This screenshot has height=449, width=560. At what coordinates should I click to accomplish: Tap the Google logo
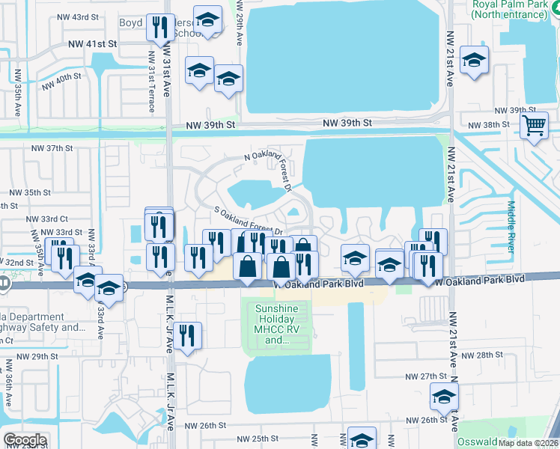(x=24, y=440)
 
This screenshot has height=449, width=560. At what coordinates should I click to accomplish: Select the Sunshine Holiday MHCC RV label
(x=277, y=324)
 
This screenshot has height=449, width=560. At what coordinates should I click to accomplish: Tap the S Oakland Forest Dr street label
(x=247, y=222)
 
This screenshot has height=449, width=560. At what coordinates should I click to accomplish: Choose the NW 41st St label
(x=91, y=44)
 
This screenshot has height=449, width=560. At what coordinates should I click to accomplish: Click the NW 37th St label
(x=51, y=148)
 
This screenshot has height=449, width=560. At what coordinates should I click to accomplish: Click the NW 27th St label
(x=425, y=376)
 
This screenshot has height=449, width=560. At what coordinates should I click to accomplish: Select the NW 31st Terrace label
(x=151, y=82)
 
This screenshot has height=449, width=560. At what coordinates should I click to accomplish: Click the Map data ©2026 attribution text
(x=528, y=443)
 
